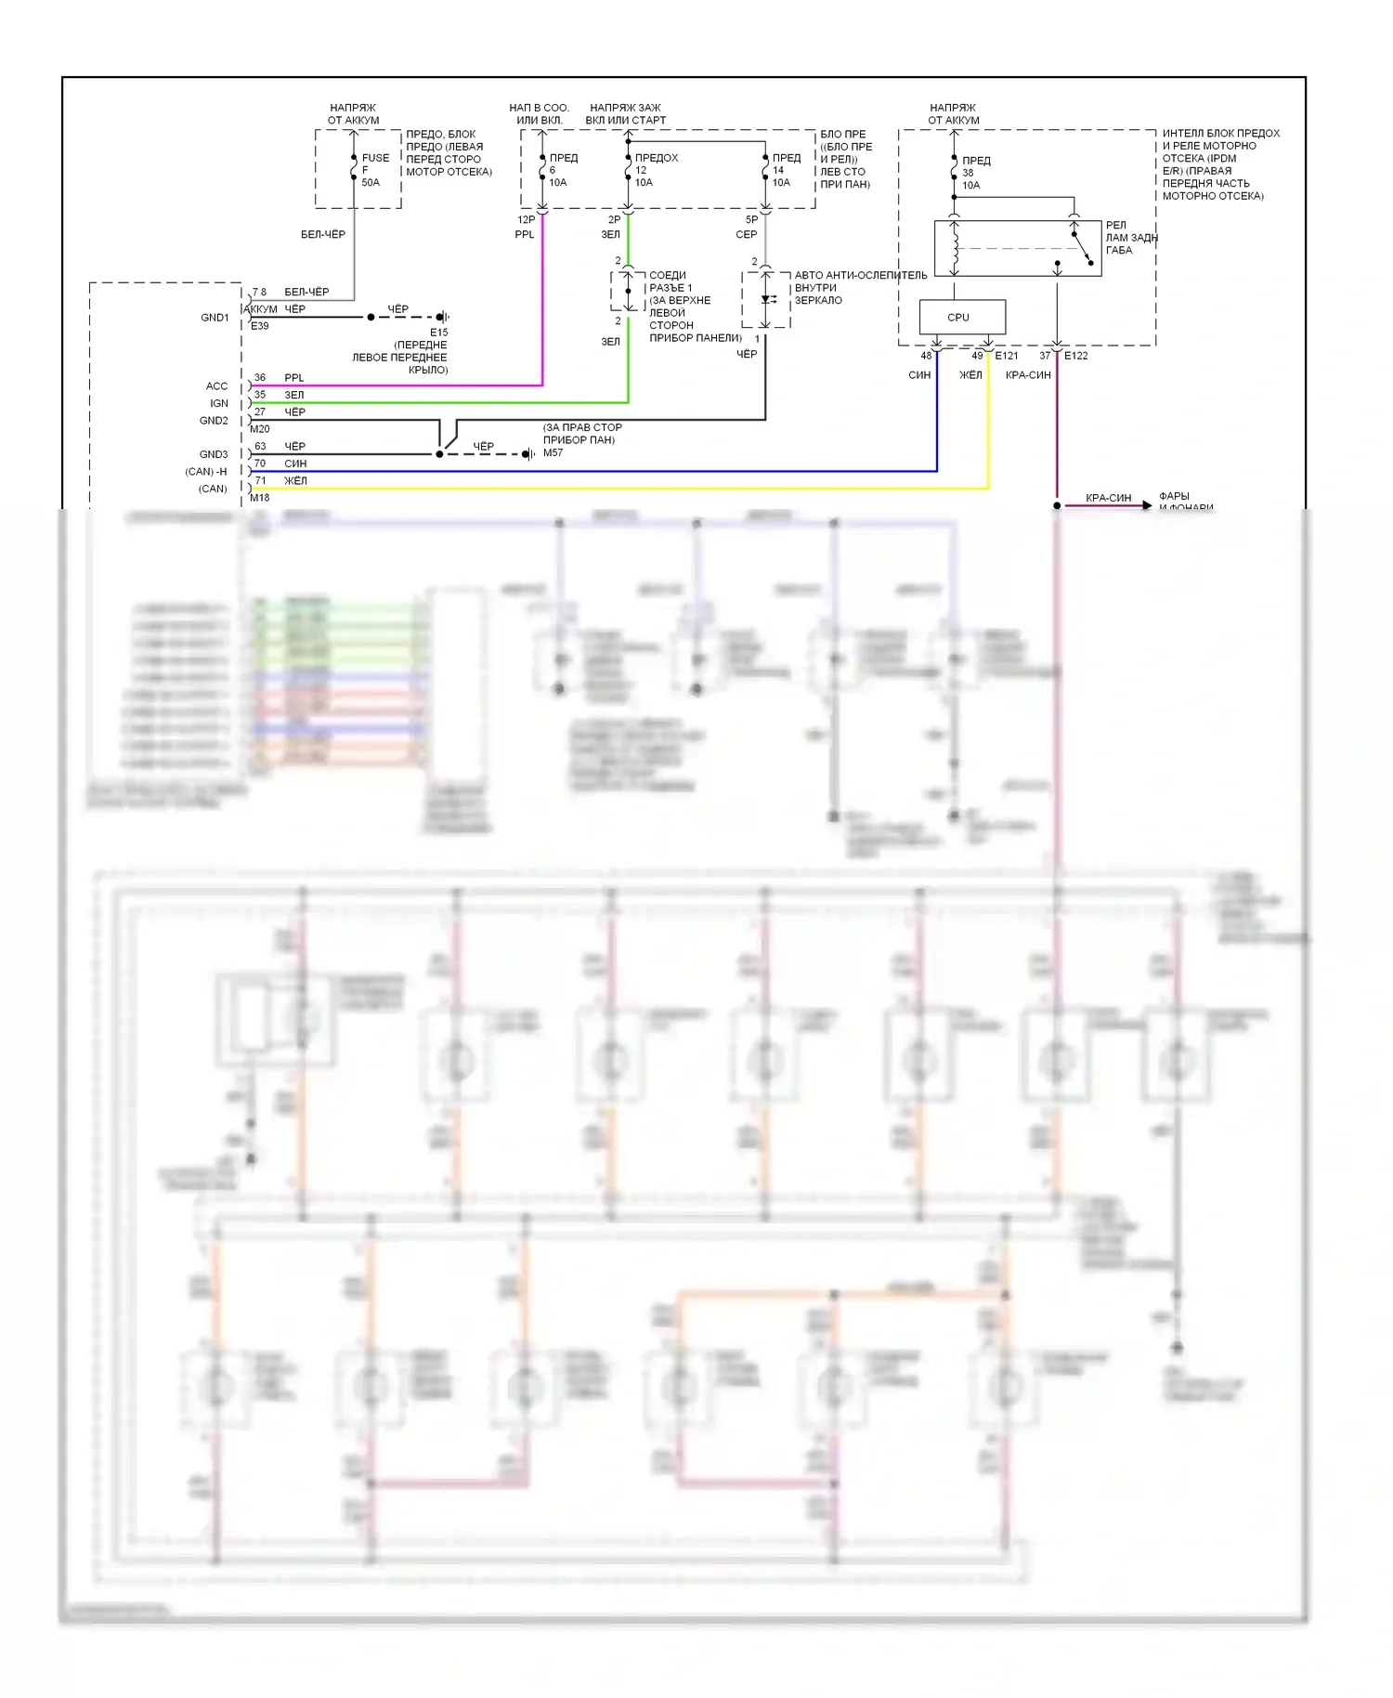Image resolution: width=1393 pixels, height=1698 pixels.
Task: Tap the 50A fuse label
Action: pos(371,183)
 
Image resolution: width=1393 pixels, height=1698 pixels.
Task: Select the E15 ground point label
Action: pos(438,332)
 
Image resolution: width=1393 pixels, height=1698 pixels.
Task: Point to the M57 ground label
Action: pos(553,452)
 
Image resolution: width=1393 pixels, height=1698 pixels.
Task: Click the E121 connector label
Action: pos(1007,356)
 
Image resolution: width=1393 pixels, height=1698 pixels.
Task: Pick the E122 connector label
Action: pos(1075,356)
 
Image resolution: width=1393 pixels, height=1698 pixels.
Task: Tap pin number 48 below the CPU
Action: pos(926,356)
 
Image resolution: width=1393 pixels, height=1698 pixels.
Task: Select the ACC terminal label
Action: pos(216,386)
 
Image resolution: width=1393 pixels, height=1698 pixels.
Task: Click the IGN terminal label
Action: pos(219,403)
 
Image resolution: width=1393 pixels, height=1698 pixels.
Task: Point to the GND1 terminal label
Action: pos(215,318)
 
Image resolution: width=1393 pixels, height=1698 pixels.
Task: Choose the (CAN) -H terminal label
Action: pos(206,472)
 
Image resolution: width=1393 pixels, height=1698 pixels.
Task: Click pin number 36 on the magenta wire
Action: pos(260,378)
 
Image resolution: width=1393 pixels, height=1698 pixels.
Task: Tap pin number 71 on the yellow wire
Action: pos(261,481)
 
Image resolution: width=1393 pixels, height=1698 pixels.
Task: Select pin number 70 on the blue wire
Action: pos(260,464)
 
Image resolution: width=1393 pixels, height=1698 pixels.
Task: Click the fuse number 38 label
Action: pos(968,173)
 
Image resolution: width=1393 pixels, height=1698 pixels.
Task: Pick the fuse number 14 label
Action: pos(778,170)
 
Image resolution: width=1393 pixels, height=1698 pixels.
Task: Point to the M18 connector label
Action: pos(260,498)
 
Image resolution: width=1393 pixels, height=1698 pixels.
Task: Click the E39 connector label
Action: pos(260,326)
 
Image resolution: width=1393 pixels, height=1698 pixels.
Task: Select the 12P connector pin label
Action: pos(526,220)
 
